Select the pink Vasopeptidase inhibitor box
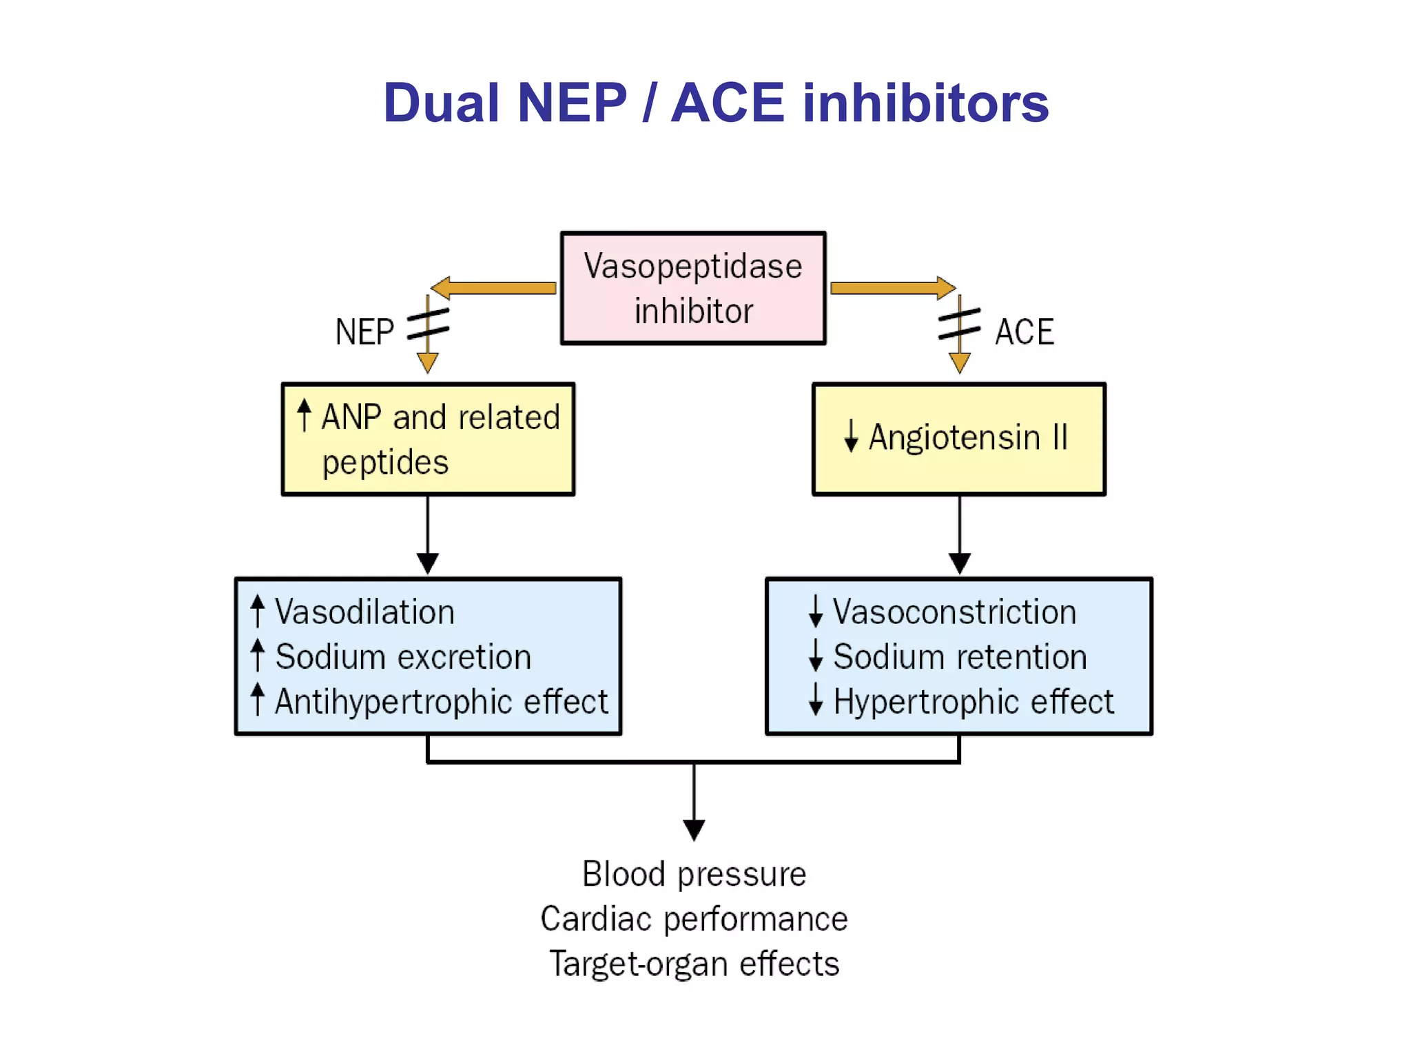point(693,288)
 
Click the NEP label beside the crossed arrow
point(364,332)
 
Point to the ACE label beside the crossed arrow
point(1024,332)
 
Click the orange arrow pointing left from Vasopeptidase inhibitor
point(493,288)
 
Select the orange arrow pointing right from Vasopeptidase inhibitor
point(893,288)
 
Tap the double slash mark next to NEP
point(428,324)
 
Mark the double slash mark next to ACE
point(959,324)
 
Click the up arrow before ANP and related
point(304,415)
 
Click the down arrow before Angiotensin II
point(851,436)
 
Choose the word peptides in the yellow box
point(385,462)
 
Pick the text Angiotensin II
point(968,437)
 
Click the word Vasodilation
point(364,612)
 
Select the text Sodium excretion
point(403,656)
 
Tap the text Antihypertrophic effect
point(441,702)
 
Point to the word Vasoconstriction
point(954,612)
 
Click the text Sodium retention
point(960,656)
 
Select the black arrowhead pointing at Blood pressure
point(694,830)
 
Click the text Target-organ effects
point(694,964)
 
